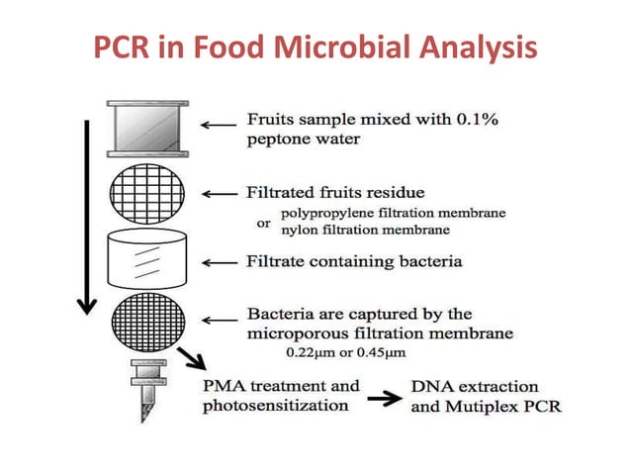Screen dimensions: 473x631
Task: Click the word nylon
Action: pos(298,231)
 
